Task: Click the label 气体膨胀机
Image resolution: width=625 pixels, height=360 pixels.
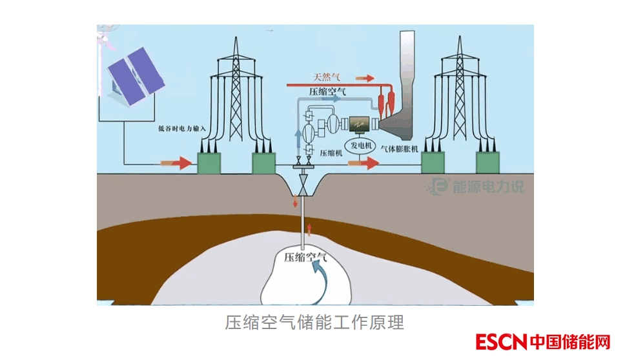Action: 401,149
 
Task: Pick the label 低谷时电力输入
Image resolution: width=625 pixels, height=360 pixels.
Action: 181,128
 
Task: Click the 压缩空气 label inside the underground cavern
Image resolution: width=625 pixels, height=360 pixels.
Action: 306,257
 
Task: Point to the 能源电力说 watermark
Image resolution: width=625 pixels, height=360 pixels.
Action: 475,186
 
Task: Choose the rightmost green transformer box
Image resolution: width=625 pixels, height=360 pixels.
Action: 488,163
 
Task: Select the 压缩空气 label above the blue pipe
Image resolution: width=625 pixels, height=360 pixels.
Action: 328,92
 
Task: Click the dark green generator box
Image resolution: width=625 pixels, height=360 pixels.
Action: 359,121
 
